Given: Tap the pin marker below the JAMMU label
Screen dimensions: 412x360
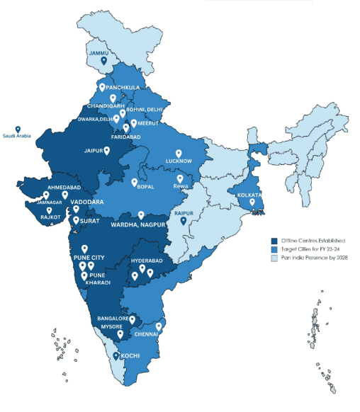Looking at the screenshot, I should tap(103, 62).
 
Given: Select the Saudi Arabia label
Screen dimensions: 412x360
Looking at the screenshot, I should tap(18, 135).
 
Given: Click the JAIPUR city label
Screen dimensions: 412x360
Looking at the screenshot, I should tap(94, 151).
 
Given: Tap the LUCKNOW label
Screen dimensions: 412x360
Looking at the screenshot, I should tap(179, 161).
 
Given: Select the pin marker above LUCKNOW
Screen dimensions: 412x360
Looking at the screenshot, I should tap(179, 153).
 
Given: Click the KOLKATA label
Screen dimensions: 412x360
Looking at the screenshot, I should tap(250, 195).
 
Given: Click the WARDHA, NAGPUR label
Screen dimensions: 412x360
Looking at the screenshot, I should tap(138, 224).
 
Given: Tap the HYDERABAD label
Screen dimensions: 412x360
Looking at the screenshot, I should tap(146, 261).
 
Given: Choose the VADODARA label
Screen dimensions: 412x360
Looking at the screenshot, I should tap(87, 202).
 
